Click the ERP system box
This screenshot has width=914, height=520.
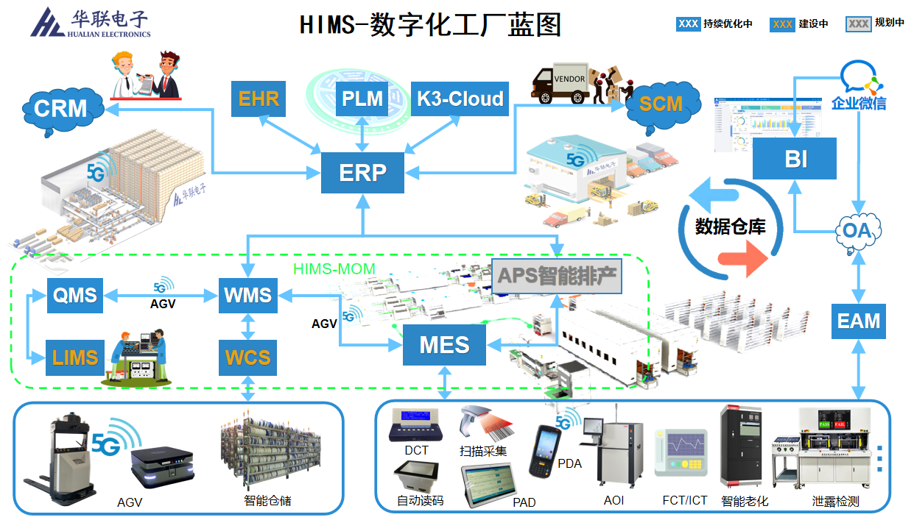(x=362, y=173)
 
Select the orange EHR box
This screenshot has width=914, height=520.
(x=259, y=99)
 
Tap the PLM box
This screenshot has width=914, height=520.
(x=362, y=99)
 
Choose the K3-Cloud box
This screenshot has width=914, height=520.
(x=460, y=99)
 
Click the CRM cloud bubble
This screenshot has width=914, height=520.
(x=60, y=110)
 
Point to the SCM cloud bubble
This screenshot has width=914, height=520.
(x=660, y=104)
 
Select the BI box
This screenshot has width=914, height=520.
(x=795, y=158)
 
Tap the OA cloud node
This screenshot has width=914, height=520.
(x=857, y=231)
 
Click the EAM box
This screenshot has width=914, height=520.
(x=858, y=321)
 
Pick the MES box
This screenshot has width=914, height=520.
(x=444, y=344)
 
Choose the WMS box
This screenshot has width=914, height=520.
(x=247, y=296)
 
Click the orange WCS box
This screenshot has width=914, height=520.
(x=247, y=358)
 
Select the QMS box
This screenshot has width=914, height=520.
(x=75, y=296)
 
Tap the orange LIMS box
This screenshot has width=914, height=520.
(x=75, y=358)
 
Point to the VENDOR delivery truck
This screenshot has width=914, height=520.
(x=563, y=83)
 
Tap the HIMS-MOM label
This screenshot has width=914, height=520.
(x=334, y=268)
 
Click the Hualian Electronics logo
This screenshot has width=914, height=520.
(x=90, y=23)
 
